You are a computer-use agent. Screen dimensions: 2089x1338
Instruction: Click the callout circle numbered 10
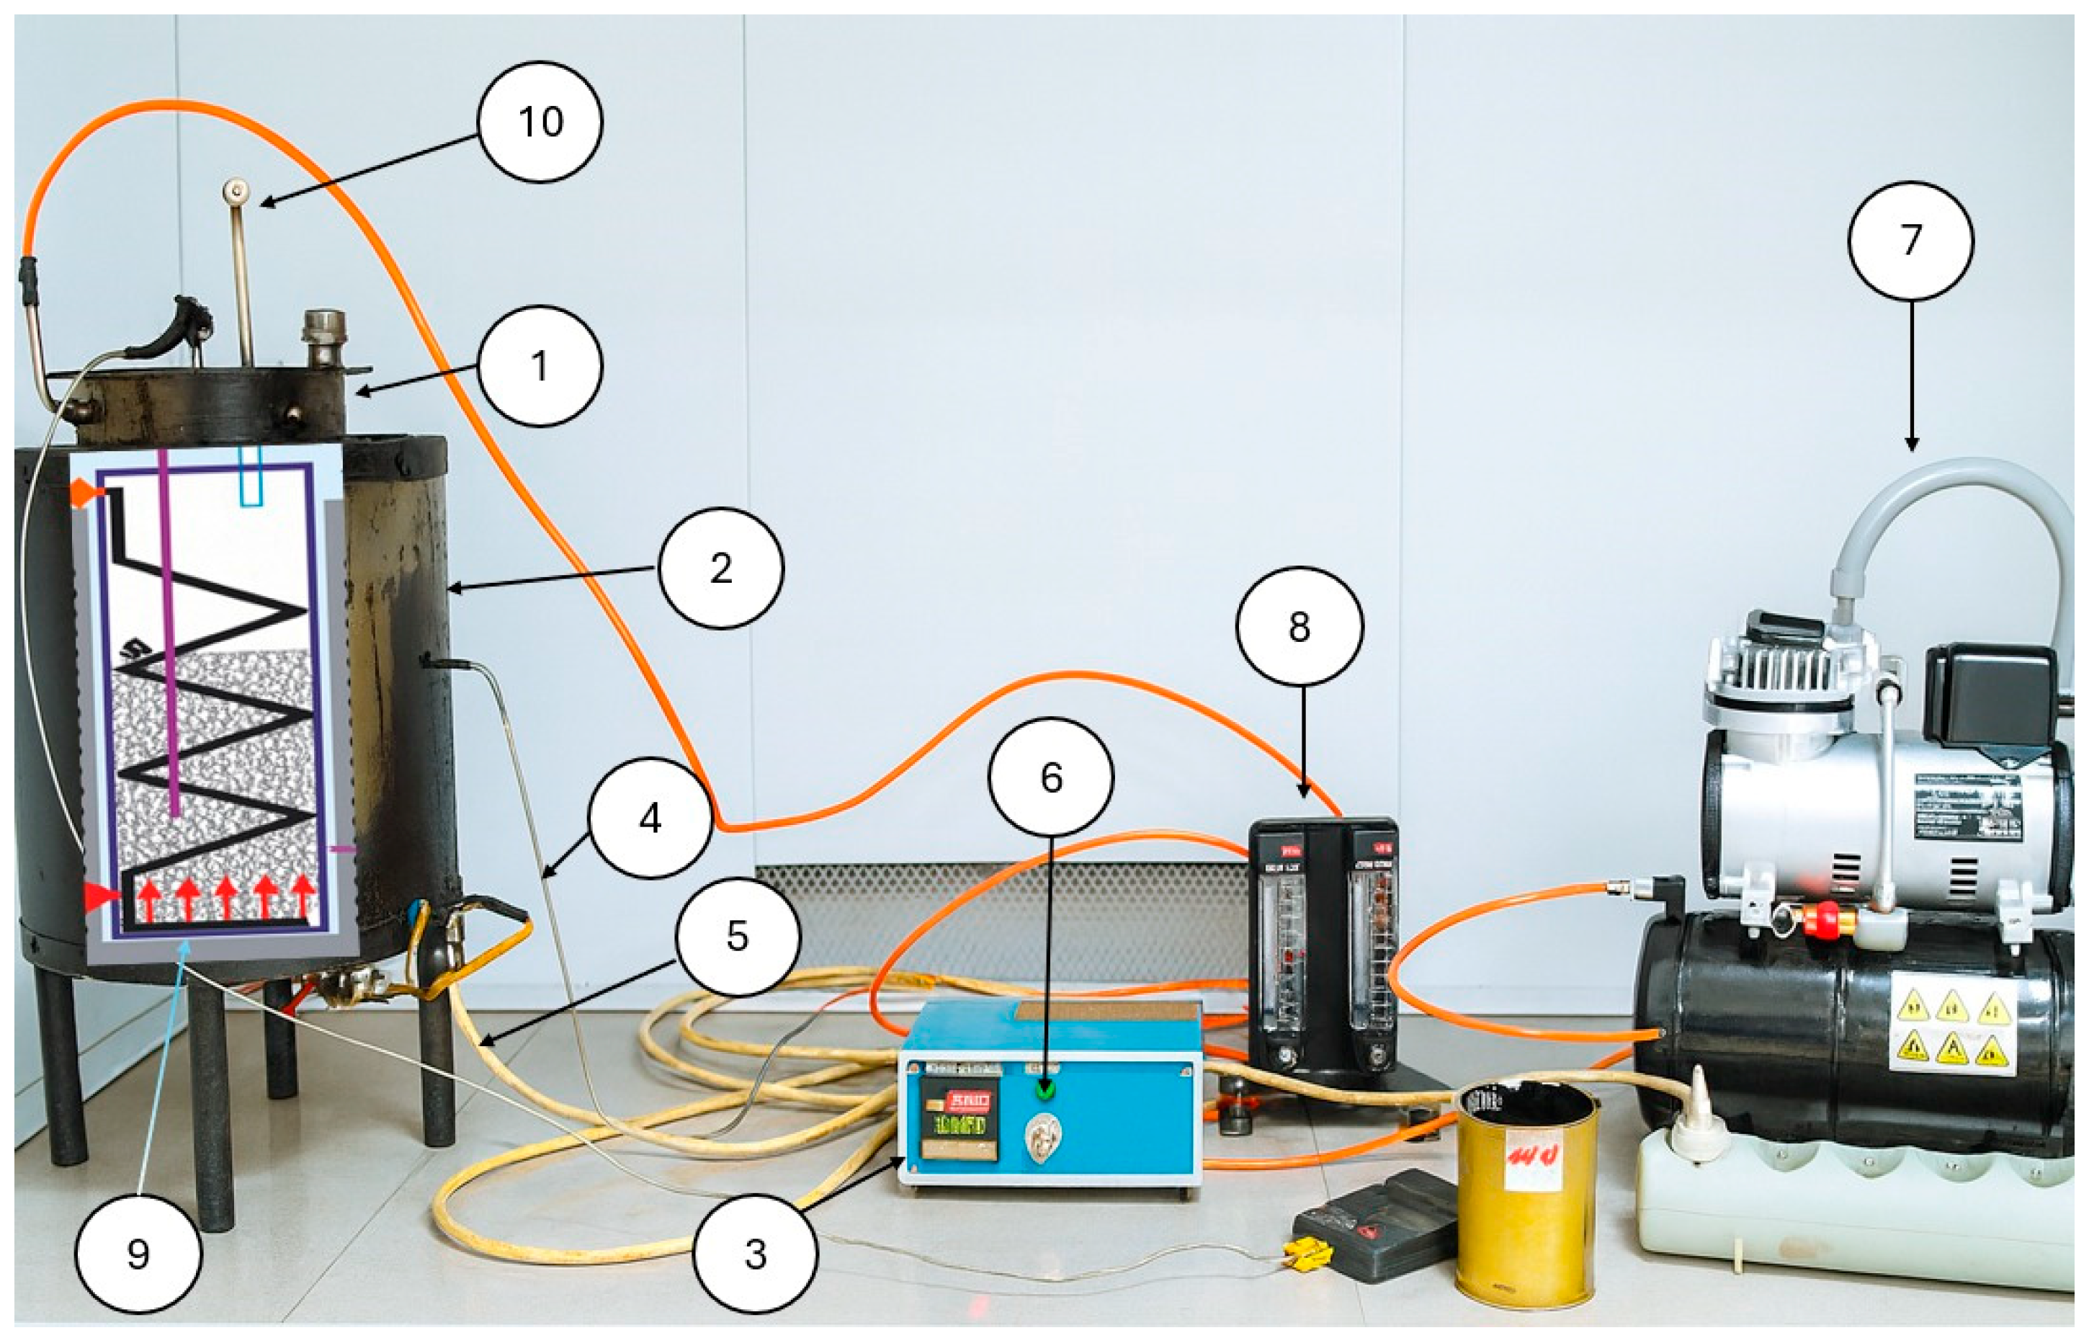point(540,122)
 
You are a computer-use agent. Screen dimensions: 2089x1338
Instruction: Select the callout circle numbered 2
point(721,568)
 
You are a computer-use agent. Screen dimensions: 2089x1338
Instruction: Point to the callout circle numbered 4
point(650,819)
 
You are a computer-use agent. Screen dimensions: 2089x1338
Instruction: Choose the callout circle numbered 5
point(738,936)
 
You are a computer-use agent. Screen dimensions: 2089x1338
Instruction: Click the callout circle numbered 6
point(1051,777)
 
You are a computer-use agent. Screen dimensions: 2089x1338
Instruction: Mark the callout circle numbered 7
point(1911,241)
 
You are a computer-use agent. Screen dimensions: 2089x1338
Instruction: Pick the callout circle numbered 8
point(1300,626)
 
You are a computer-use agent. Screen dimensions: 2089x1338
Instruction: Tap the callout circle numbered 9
point(138,1254)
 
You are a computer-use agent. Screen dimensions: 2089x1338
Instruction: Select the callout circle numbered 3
point(756,1254)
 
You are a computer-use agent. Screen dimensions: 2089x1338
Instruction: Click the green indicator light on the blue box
point(1046,1089)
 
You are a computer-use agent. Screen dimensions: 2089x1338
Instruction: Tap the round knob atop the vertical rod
point(236,189)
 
